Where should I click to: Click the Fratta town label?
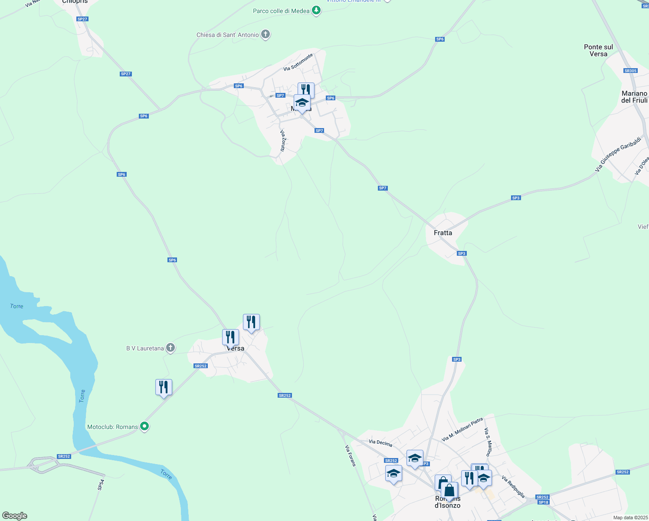point(443,233)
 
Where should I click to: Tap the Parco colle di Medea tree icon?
point(317,10)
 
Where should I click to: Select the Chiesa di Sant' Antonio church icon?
point(265,34)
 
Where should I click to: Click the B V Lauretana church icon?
point(170,348)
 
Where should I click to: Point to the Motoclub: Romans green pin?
point(145,426)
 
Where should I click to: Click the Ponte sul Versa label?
point(598,50)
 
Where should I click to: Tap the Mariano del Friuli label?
point(634,97)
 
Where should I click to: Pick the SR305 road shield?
point(630,71)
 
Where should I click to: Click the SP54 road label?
point(101,485)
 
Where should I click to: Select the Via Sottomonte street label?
point(298,63)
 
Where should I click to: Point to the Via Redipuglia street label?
point(513,487)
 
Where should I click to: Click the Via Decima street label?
point(380,443)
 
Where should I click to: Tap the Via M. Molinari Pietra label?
point(462,430)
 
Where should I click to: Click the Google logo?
point(15,516)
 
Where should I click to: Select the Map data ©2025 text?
point(630,518)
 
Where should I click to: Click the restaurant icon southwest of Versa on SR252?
point(164,387)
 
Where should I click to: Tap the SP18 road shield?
point(543,502)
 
